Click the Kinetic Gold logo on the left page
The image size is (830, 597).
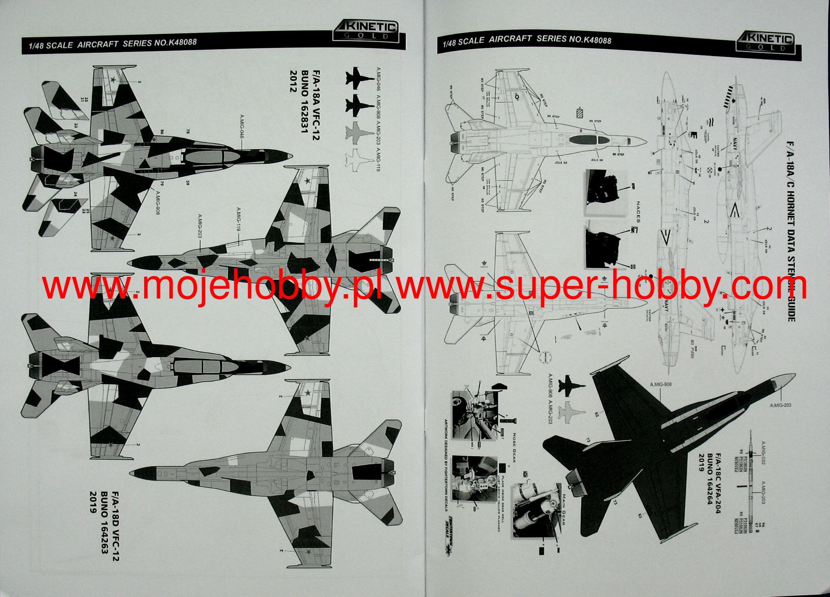[x=366, y=31]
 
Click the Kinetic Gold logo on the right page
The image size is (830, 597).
[x=765, y=43]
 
